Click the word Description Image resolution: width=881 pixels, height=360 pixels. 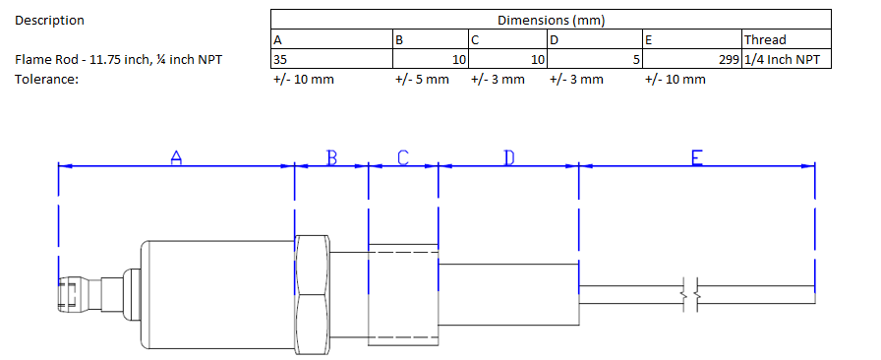point(49,21)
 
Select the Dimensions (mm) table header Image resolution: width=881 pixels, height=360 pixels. point(551,21)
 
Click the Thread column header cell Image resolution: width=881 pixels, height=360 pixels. point(786,39)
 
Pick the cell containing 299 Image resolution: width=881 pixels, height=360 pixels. point(692,59)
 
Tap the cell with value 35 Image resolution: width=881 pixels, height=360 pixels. point(331,59)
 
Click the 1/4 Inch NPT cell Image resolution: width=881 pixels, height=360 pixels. point(786,59)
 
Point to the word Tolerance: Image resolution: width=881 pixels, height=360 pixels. point(46,80)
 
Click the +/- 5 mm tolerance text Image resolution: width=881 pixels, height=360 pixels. point(422,80)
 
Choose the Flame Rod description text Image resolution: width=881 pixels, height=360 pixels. point(119,59)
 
